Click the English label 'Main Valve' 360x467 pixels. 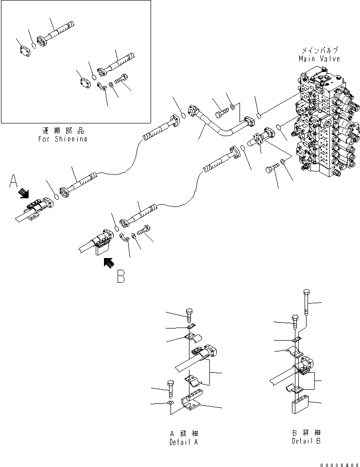click(x=319, y=58)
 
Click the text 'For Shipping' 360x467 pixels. click(x=62, y=139)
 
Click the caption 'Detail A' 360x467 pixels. click(x=184, y=442)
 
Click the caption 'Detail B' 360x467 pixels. click(x=306, y=441)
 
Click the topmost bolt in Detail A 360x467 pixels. click(x=189, y=314)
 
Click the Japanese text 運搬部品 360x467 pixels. click(x=62, y=131)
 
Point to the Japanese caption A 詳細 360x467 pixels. click(x=184, y=433)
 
